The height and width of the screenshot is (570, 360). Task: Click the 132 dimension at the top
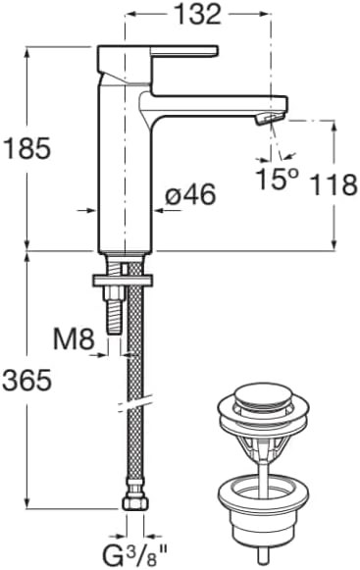click(198, 15)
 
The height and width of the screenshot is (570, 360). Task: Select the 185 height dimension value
click(26, 148)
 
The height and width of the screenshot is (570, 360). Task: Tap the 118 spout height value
click(334, 184)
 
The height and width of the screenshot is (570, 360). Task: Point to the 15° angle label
click(277, 179)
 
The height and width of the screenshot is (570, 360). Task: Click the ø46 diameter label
click(190, 194)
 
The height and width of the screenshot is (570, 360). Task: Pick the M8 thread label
click(74, 338)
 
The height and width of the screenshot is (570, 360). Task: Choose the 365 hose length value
click(26, 381)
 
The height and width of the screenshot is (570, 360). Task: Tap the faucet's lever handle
click(184, 51)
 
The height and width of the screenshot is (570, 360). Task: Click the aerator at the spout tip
click(269, 118)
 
